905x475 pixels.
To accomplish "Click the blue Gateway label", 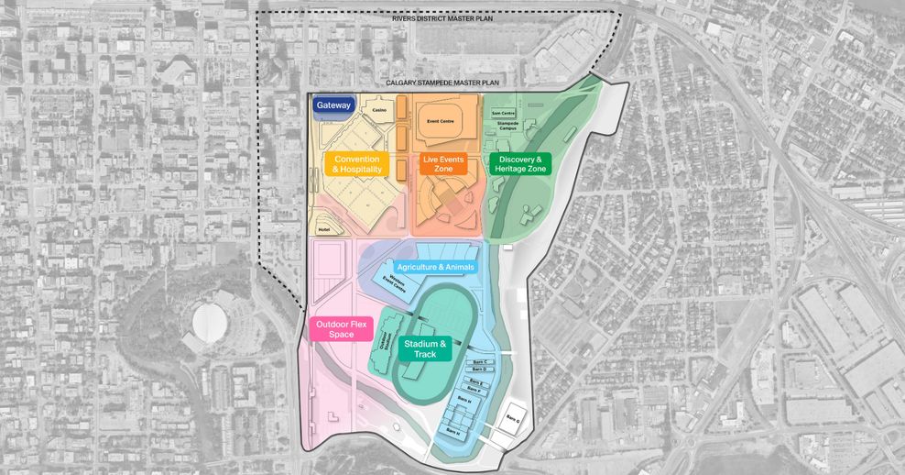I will click(x=333, y=105).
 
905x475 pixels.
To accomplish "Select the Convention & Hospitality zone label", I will click(x=356, y=164).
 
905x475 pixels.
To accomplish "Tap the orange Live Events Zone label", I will click(x=443, y=164).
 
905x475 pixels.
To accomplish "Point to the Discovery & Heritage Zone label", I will click(x=519, y=164).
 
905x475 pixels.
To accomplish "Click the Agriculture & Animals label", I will click(x=436, y=267).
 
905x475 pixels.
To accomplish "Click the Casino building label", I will click(x=379, y=110).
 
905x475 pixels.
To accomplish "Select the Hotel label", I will click(x=323, y=229).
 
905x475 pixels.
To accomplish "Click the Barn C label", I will click(x=478, y=361).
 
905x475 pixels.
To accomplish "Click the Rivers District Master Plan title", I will click(x=441, y=18).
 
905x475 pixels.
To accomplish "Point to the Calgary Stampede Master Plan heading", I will click(x=441, y=83).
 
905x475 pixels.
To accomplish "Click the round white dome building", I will click(x=210, y=322).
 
